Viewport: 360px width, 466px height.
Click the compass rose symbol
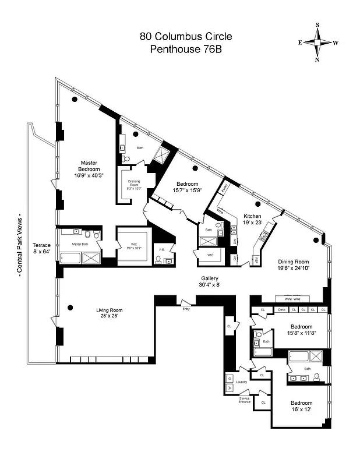(318, 43)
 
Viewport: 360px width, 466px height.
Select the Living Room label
(110, 310)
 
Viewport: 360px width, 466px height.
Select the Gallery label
(210, 278)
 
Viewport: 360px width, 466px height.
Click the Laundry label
(242, 382)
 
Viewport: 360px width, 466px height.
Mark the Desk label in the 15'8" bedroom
(281, 309)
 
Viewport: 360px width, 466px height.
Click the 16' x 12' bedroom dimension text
(302, 409)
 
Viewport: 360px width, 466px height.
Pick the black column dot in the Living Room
(70, 307)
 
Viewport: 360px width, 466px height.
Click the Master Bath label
(80, 244)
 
